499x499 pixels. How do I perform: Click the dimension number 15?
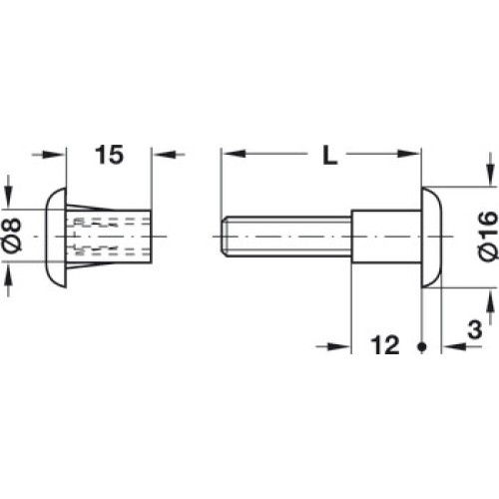tap(110, 155)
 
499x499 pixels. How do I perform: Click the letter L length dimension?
tap(329, 156)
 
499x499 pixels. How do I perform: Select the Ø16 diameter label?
tap(488, 236)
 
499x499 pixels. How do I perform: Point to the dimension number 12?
tap(385, 345)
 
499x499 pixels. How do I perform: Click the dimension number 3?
tap(475, 329)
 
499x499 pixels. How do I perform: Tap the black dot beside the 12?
tap(422, 346)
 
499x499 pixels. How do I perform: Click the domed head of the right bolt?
tap(432, 237)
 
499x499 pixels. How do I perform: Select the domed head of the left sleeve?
tap(56, 237)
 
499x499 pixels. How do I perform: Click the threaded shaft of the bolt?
tap(286, 237)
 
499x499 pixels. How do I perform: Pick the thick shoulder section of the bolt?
tap(386, 237)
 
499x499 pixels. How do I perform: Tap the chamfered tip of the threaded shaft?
tap(226, 237)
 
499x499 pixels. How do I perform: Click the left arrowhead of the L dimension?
tap(234, 154)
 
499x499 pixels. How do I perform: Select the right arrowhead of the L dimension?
tap(409, 154)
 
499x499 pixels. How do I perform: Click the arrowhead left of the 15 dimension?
tap(54, 155)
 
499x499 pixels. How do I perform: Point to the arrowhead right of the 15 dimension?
tap(164, 155)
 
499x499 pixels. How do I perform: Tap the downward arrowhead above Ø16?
tap(490, 175)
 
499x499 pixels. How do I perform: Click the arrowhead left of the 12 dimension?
tap(339, 346)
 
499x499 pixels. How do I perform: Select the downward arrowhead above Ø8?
tap(8, 198)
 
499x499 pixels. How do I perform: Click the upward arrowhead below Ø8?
tap(8, 275)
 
